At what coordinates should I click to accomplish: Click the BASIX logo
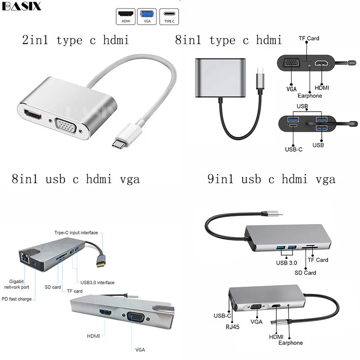(21, 6)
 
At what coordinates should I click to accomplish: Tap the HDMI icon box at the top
(126, 17)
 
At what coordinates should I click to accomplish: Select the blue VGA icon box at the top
(147, 17)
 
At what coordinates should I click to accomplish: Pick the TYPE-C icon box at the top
(169, 17)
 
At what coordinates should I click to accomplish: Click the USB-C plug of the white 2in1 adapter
(126, 138)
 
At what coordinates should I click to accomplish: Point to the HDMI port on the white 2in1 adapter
(33, 115)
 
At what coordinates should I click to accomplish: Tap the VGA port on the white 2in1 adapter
(66, 126)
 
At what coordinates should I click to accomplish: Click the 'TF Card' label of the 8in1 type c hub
(309, 38)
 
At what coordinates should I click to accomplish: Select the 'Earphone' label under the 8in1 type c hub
(310, 96)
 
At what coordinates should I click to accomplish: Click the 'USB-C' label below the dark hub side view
(294, 149)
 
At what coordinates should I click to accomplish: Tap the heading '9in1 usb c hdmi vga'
(271, 179)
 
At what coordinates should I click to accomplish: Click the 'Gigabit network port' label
(17, 284)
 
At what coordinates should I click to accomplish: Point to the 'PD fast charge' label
(17, 299)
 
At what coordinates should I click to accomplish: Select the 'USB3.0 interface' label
(97, 283)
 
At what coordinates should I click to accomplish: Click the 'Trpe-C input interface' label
(76, 233)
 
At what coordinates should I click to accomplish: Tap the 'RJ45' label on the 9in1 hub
(232, 327)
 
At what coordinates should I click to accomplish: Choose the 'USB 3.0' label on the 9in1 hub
(287, 263)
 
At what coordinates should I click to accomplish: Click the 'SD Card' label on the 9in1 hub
(305, 273)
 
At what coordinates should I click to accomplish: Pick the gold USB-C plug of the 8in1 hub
(101, 261)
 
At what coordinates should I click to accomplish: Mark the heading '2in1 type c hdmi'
(75, 40)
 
